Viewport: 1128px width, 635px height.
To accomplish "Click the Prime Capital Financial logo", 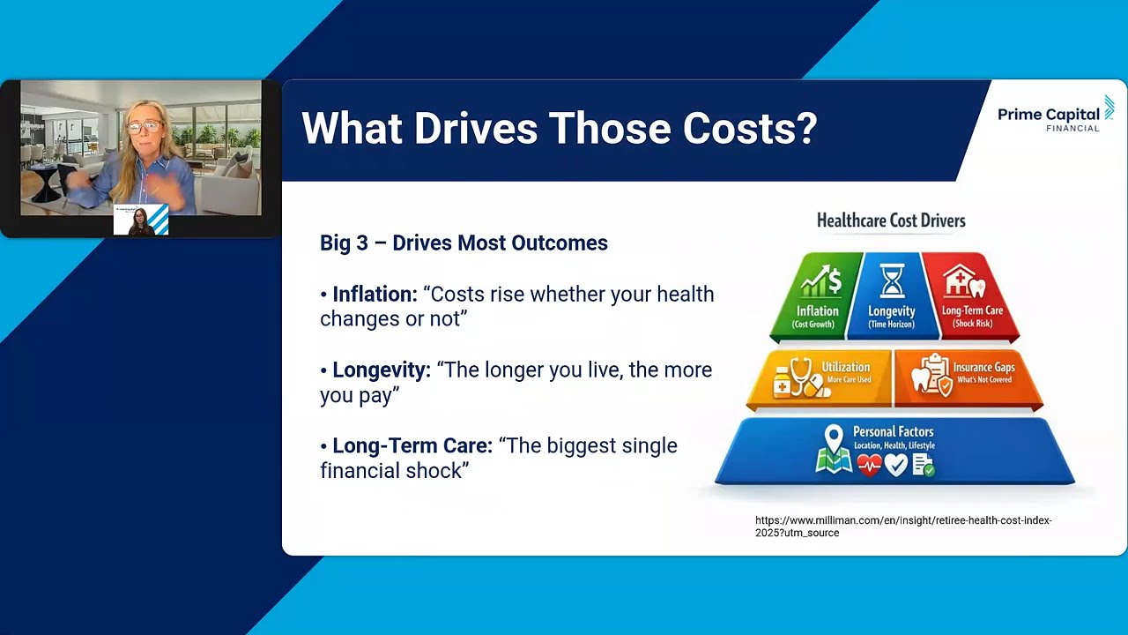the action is click(x=1056, y=115).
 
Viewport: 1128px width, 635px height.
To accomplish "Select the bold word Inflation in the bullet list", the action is click(x=375, y=295).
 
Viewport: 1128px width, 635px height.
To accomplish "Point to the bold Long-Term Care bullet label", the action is click(x=412, y=445).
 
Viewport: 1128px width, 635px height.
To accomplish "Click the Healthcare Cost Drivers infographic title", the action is click(x=891, y=220).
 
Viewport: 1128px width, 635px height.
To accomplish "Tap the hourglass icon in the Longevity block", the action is click(x=892, y=281).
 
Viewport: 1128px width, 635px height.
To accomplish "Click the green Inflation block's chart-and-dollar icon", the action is click(x=820, y=280).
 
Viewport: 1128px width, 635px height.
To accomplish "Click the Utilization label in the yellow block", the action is click(x=846, y=367).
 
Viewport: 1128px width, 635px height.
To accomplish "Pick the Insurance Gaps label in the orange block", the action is click(x=984, y=367).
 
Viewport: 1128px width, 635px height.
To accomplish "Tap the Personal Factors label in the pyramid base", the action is click(x=894, y=431).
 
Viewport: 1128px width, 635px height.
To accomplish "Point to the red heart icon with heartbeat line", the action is click(x=869, y=465).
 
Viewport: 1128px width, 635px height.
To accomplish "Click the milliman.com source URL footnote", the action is click(x=903, y=527).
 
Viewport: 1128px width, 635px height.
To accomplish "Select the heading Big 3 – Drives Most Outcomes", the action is click(x=464, y=243).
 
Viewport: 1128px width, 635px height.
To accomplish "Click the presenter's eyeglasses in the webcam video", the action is click(x=145, y=125).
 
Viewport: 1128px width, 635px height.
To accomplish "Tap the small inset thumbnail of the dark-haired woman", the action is click(x=140, y=220).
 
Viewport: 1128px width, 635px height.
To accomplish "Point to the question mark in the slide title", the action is click(x=805, y=128).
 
